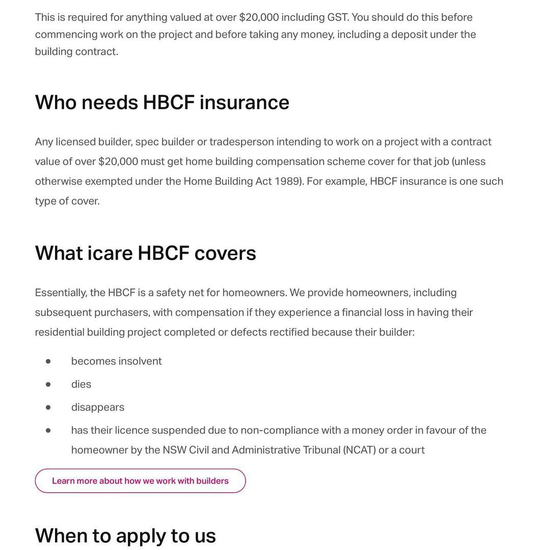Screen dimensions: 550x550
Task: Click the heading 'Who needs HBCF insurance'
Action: pos(162,102)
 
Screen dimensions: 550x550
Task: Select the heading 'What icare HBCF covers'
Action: pos(145,253)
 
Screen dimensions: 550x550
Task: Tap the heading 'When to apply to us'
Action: pos(125,536)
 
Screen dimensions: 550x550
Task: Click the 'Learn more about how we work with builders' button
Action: pos(140,481)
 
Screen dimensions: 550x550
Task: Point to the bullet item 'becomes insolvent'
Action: pos(116,361)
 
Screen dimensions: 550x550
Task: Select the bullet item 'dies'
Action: pos(81,384)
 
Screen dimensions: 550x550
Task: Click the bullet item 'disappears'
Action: pos(97,407)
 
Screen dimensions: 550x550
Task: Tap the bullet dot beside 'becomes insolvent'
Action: pos(48,361)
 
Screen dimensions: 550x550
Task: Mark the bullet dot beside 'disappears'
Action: pos(48,407)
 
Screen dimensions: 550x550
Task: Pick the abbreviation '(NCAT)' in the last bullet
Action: pos(359,450)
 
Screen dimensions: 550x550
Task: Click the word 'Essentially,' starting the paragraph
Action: pos(61,293)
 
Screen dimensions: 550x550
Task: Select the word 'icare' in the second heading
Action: pos(110,253)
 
